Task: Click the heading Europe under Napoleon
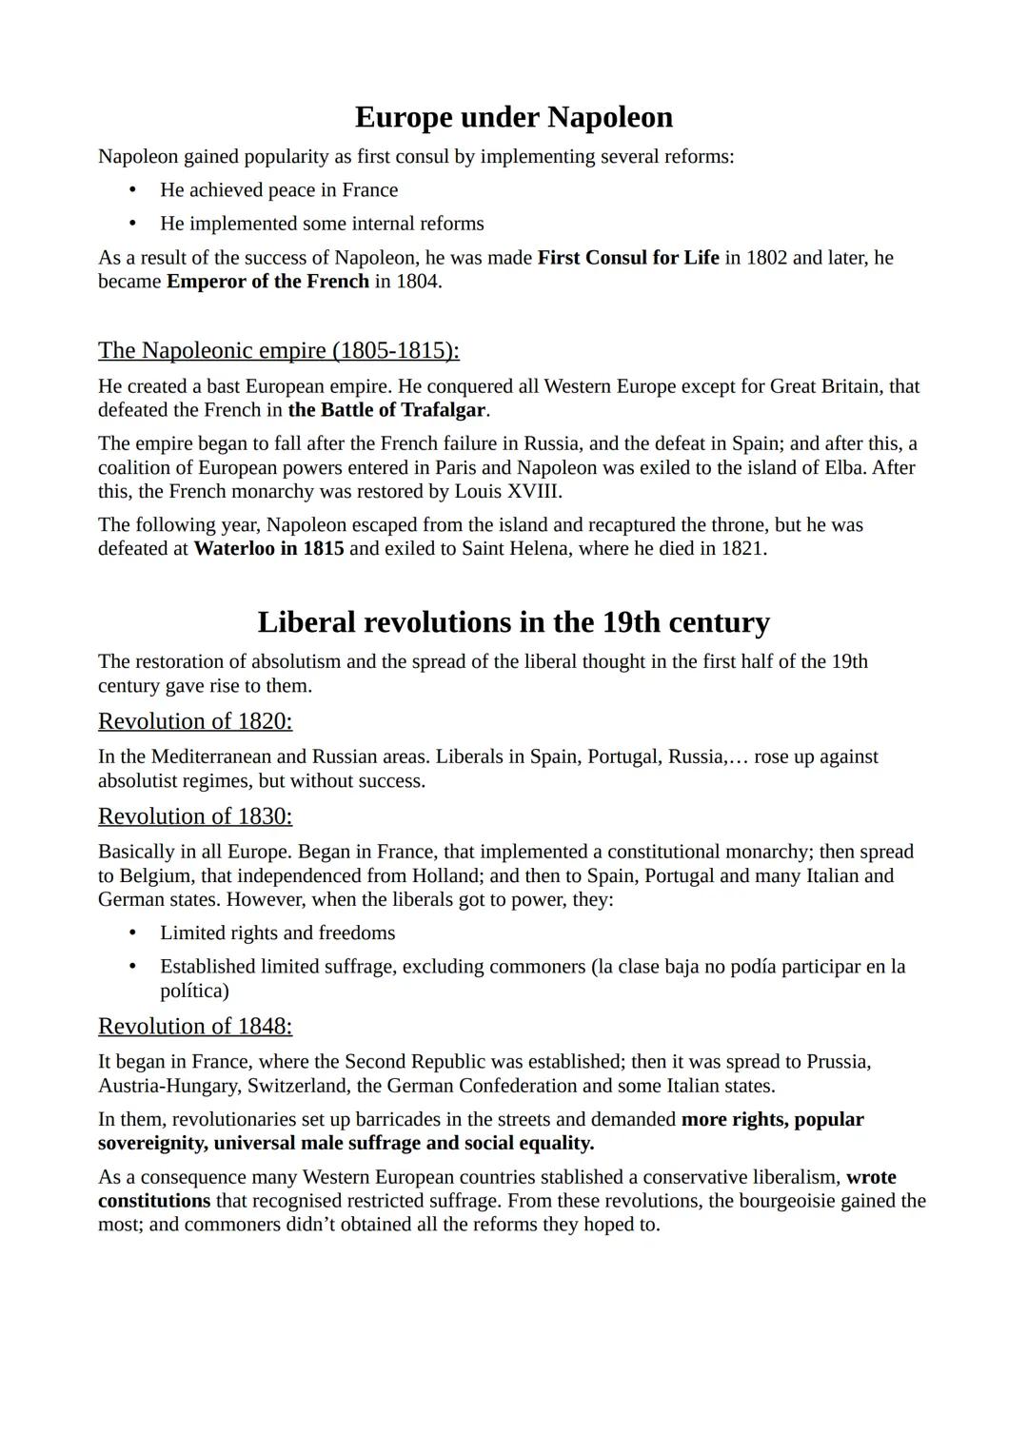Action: (513, 117)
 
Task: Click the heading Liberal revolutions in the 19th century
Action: (513, 622)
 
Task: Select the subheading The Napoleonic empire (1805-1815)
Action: (278, 350)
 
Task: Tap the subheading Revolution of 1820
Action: (195, 721)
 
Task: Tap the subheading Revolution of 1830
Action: (195, 816)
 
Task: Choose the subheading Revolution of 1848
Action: (195, 1026)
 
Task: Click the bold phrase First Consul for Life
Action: (627, 258)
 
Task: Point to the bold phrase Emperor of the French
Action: (267, 282)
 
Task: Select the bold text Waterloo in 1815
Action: (268, 549)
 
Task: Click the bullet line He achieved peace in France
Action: (279, 190)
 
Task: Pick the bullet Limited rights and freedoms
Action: (277, 933)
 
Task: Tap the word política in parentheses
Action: (194, 992)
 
